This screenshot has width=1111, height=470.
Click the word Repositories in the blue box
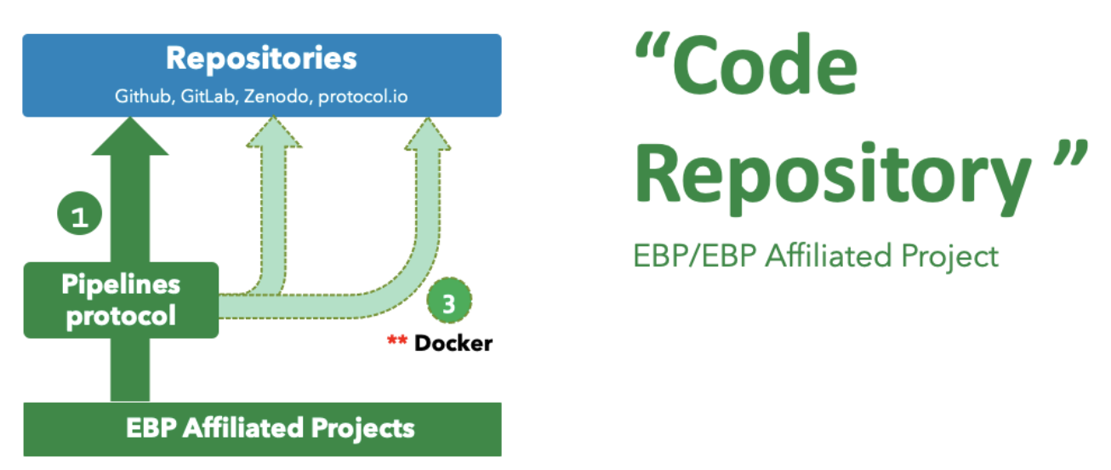pos(261,60)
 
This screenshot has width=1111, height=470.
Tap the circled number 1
pos(79,216)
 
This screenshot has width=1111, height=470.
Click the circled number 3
pos(448,301)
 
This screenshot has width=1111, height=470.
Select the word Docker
pos(453,344)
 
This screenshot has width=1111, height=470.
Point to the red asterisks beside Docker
pos(397,342)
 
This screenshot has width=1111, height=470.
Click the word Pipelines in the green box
pos(122,286)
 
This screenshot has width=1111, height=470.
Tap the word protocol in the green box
pos(122,316)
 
